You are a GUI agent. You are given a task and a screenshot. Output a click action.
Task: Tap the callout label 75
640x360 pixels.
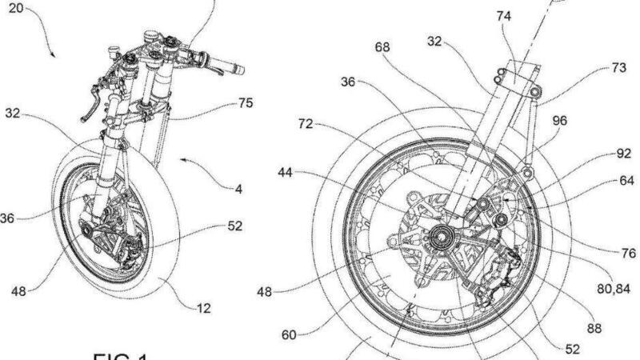pyautogui.click(x=245, y=103)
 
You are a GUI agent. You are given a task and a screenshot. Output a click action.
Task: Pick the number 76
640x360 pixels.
pyautogui.click(x=628, y=254)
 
